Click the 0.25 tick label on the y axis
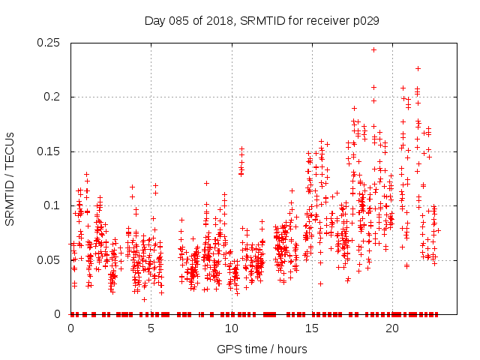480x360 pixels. coord(49,43)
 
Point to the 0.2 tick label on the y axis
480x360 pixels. coord(52,97)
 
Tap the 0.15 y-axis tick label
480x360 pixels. coord(49,151)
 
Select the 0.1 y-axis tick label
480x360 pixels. coord(52,205)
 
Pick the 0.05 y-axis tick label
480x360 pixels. coord(49,260)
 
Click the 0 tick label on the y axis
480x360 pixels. coord(59,314)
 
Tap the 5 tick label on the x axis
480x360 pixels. coord(151,328)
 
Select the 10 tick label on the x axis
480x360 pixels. coord(232,328)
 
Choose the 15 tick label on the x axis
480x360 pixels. coord(312,328)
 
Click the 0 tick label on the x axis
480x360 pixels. coord(71,328)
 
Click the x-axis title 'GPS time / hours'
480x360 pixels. coord(262,349)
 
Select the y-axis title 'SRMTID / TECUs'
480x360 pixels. coord(10,178)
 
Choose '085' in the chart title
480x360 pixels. coord(181,20)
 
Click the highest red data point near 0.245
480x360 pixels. coord(373,49)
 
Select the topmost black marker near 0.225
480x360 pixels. coord(418,68)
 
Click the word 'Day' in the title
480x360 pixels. coord(156,20)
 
